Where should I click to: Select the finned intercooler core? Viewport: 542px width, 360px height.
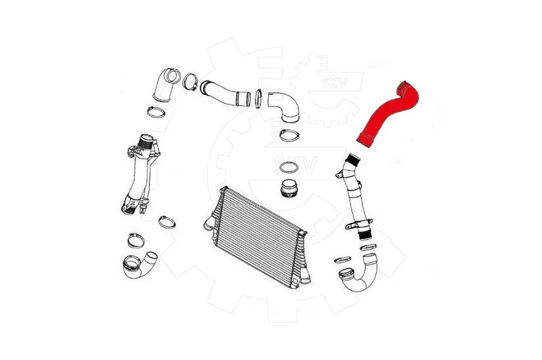coord(257,237)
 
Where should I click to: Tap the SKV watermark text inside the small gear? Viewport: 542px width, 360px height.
coord(334,82)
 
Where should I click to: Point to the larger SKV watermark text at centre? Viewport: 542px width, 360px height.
coord(295,165)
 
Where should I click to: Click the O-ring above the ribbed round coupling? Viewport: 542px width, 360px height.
coord(289,167)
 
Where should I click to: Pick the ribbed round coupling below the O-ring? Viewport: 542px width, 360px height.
coord(290,188)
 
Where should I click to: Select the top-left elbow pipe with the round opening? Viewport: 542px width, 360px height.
coord(165,84)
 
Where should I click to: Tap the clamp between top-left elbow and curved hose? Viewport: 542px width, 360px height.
coord(190,81)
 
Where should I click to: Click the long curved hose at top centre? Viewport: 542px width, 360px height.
coord(225,94)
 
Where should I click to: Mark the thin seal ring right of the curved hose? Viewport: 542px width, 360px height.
coord(258,98)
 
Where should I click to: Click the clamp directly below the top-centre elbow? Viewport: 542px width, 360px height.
coord(289,135)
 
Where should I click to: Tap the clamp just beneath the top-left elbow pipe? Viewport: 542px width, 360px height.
coord(156,112)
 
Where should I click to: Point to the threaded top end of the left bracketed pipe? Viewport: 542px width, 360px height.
coord(146,141)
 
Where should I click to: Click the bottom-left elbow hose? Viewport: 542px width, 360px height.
coord(139,265)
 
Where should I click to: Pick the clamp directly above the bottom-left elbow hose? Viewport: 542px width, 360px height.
coord(136,241)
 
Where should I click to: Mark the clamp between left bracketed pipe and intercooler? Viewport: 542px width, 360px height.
coord(167,222)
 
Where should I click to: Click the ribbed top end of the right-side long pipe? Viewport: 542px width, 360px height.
coord(354,160)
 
